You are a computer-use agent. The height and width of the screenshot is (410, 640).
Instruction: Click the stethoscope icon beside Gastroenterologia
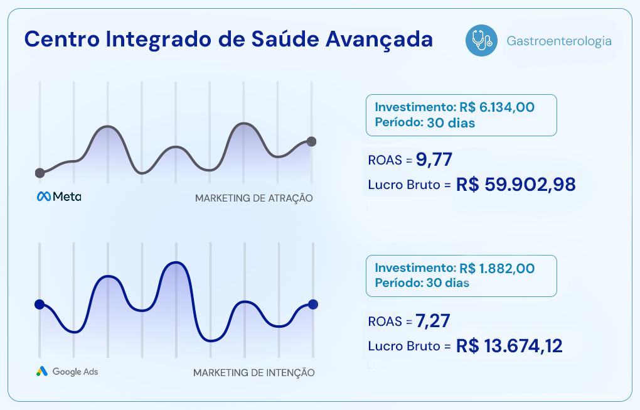click(x=480, y=41)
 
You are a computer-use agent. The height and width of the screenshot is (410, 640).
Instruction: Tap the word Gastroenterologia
click(x=558, y=41)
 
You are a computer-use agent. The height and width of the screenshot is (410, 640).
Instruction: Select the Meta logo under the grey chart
click(x=59, y=197)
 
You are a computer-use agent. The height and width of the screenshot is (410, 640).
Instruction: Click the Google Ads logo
click(x=67, y=371)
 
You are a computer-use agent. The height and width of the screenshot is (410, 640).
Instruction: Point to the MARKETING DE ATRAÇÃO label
click(x=253, y=198)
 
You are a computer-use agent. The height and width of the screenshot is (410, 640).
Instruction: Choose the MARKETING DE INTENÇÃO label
click(x=253, y=372)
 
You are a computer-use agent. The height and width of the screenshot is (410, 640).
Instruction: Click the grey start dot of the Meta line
click(x=40, y=173)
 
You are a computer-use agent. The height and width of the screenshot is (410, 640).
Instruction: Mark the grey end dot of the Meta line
click(x=312, y=141)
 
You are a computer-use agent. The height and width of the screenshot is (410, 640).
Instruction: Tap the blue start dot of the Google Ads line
click(x=40, y=305)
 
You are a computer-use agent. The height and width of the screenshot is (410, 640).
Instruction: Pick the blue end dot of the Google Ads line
click(x=313, y=305)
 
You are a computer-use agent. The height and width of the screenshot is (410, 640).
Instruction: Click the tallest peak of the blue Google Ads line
click(x=176, y=262)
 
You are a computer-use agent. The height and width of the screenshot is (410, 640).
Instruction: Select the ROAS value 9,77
click(x=434, y=159)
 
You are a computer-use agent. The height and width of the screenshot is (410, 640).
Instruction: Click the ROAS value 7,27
click(x=434, y=321)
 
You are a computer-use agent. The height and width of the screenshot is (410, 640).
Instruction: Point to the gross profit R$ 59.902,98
click(x=515, y=185)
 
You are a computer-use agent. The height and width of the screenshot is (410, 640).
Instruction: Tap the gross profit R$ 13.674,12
click(x=509, y=346)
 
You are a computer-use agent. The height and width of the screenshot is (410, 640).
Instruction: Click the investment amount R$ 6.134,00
click(x=497, y=107)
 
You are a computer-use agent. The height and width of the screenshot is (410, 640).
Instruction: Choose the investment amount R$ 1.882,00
click(x=497, y=269)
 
